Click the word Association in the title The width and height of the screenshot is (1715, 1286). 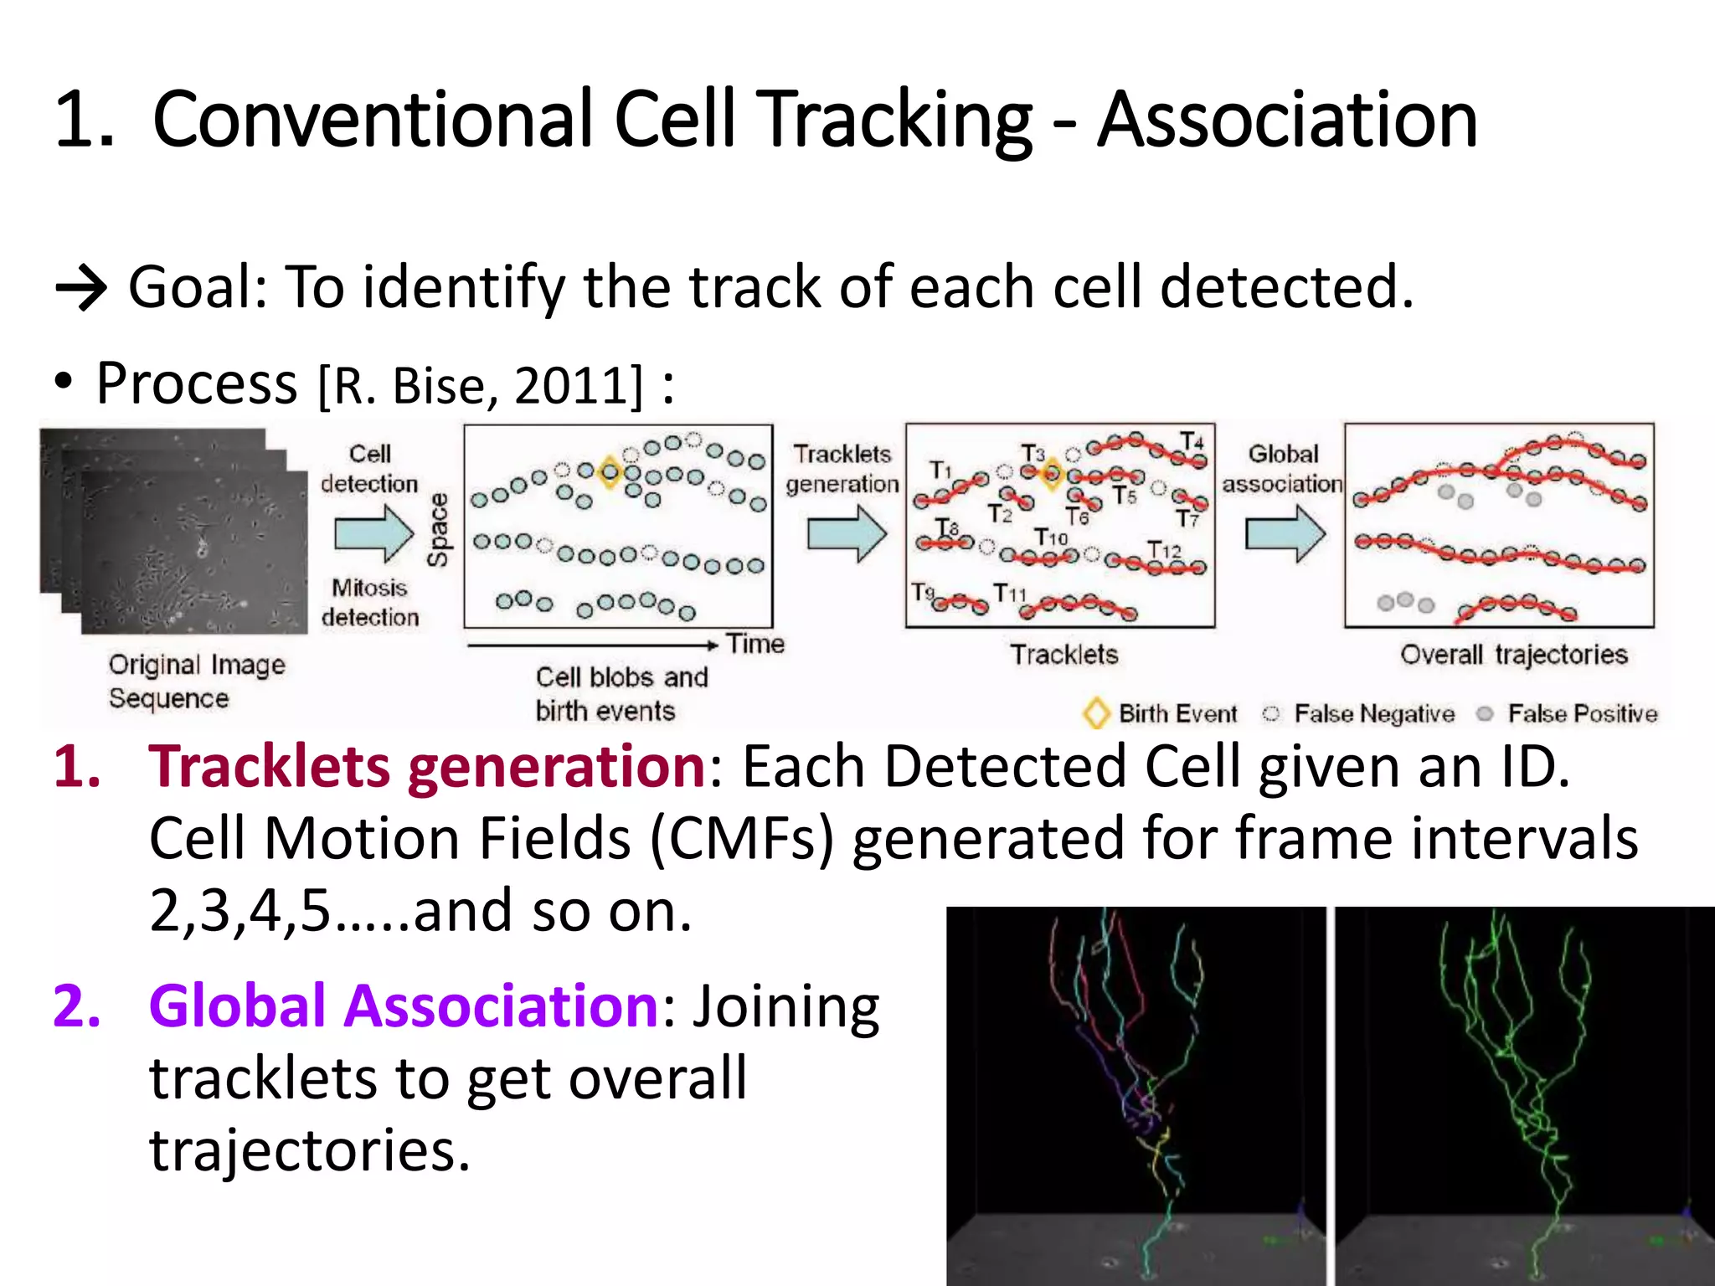1287,121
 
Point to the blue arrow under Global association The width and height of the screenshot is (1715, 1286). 1285,533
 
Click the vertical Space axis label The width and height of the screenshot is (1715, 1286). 439,530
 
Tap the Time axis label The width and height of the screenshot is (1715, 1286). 755,644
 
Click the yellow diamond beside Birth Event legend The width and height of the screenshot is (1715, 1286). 1096,713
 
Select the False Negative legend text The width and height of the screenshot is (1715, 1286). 1374,714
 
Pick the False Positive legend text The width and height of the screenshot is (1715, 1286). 1582,714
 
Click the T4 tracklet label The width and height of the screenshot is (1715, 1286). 1192,441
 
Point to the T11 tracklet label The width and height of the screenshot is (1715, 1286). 1009,594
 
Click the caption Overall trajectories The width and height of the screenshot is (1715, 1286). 1513,655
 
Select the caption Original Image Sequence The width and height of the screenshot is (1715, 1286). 197,681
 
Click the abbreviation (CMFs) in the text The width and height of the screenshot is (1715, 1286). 742,839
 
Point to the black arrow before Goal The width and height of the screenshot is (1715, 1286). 80,289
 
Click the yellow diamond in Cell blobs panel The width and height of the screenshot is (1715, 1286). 610,473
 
